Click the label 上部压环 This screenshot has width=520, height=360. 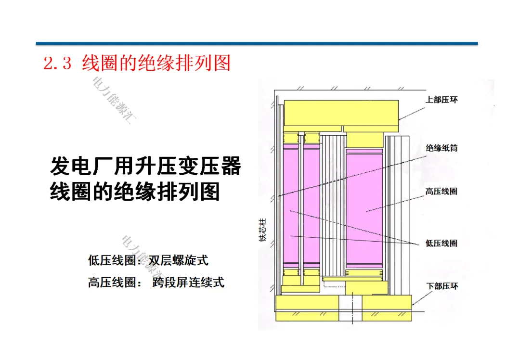click(x=442, y=100)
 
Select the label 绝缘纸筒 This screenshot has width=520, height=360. click(x=442, y=148)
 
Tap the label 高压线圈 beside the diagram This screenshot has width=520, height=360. click(x=442, y=192)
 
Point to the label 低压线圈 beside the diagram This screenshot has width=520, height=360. click(x=442, y=243)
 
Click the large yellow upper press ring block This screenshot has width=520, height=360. click(x=341, y=113)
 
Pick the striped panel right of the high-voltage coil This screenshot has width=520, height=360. click(x=397, y=212)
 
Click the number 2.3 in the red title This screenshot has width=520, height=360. click(x=57, y=64)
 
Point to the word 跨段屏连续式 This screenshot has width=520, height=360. click(x=188, y=282)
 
